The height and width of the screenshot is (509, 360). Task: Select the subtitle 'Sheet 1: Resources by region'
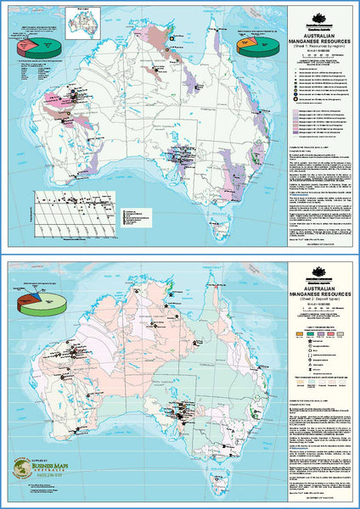click(x=322, y=47)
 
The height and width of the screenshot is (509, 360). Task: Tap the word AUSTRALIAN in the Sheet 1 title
click(x=322, y=32)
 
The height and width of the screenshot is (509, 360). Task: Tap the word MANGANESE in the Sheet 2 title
click(x=322, y=293)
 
